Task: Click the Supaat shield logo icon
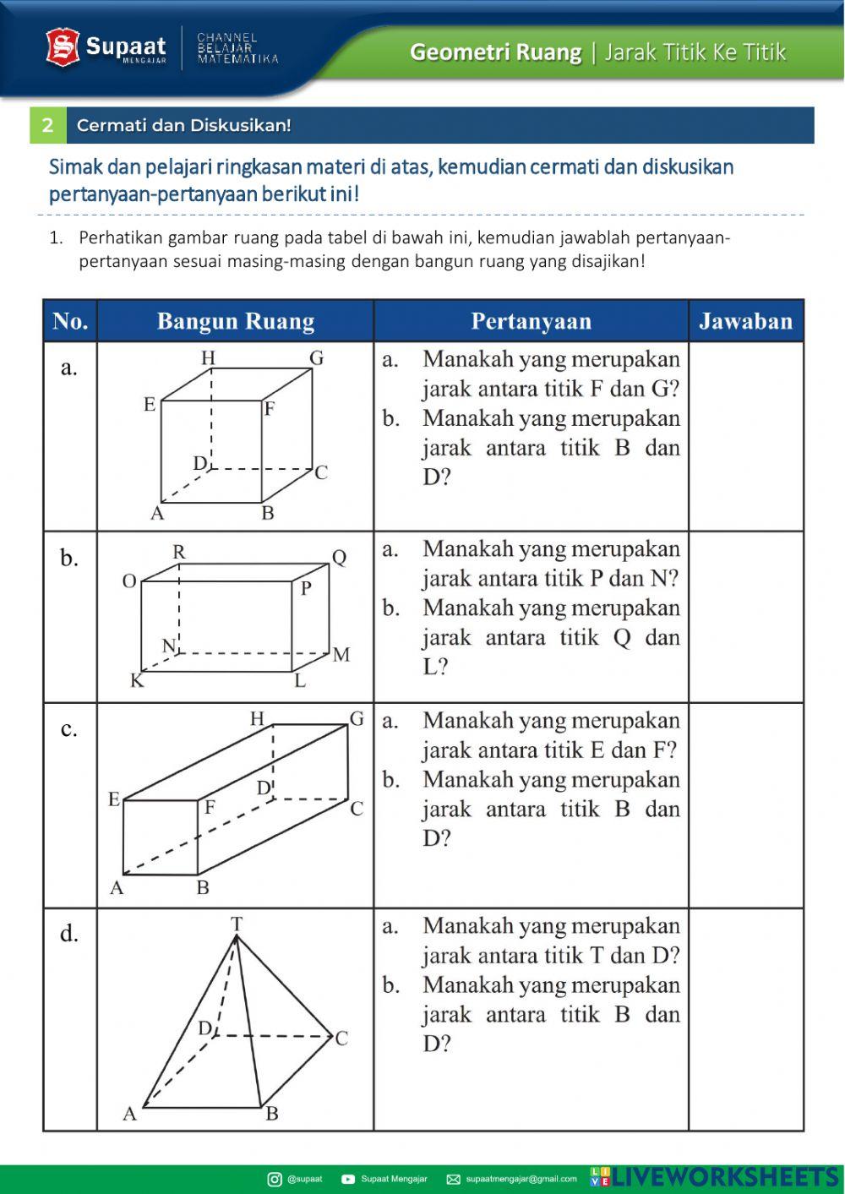(x=63, y=47)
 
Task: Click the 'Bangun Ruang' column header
(x=235, y=321)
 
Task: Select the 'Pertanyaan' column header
(x=531, y=321)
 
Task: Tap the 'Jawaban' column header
(x=745, y=321)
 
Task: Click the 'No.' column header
(x=70, y=321)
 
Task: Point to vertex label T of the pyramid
(x=237, y=924)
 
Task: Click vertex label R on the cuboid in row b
(x=179, y=552)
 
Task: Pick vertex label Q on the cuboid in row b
(x=339, y=558)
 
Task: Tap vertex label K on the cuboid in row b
(x=136, y=681)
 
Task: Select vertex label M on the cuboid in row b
(x=341, y=654)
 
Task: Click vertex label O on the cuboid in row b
(x=129, y=581)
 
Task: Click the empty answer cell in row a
(x=745, y=436)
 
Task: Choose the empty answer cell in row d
(x=745, y=1019)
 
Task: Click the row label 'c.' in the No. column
(x=69, y=728)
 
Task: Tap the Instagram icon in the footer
(x=275, y=1179)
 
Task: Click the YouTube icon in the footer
(x=348, y=1179)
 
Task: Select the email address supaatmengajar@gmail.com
(x=521, y=1179)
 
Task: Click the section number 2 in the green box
(x=48, y=125)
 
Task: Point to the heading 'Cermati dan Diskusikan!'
(x=184, y=125)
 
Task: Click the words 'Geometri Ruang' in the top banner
(x=495, y=52)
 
